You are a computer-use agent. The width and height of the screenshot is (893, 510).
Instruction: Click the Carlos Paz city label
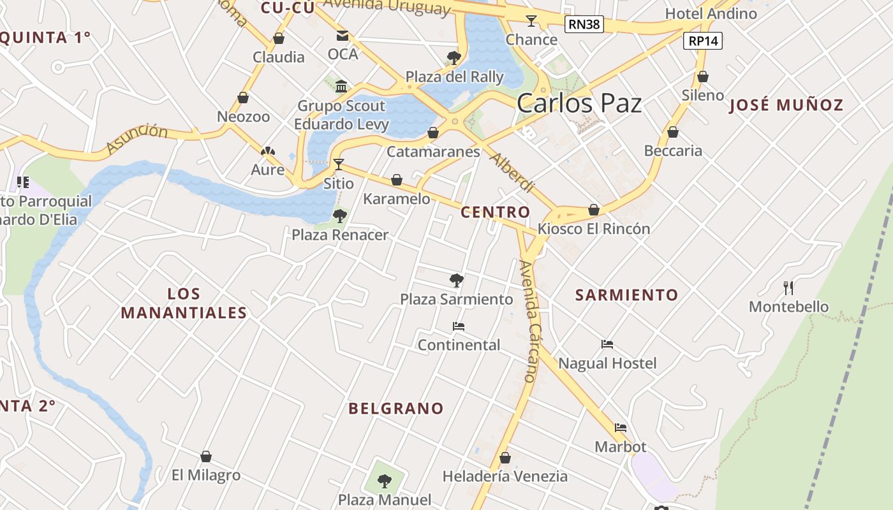(x=579, y=103)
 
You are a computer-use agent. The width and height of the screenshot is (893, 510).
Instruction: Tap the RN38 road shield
(x=584, y=25)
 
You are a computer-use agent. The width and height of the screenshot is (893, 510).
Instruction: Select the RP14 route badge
(x=703, y=41)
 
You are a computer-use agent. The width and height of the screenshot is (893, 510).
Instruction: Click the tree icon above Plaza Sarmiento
(x=456, y=280)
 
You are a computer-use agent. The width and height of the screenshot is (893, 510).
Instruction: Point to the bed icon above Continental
(x=458, y=326)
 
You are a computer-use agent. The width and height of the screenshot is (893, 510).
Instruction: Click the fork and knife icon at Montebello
(x=788, y=288)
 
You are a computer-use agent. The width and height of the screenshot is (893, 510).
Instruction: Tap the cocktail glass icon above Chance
(x=531, y=21)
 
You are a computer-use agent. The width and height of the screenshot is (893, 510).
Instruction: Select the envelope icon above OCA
(x=343, y=36)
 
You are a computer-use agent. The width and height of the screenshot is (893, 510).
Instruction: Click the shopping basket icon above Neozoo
(x=243, y=98)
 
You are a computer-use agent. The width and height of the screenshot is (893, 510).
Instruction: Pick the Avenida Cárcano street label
(x=531, y=321)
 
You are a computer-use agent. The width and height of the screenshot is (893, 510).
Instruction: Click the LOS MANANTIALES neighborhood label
(x=184, y=303)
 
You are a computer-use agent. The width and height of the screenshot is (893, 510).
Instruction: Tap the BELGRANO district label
(x=395, y=409)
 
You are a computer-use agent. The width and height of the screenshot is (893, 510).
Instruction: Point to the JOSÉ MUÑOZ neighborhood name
(x=786, y=105)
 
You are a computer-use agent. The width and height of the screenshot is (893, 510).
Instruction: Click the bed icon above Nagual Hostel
(x=607, y=345)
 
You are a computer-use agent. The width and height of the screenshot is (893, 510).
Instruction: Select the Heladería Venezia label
(x=505, y=476)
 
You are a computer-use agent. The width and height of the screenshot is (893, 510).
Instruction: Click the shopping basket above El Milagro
(x=206, y=456)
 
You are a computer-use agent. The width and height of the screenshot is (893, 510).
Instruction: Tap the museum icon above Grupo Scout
(x=341, y=87)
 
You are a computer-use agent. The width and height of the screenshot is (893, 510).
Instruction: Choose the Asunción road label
(x=137, y=139)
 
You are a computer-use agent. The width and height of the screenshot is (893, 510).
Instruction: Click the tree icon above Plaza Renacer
(x=340, y=216)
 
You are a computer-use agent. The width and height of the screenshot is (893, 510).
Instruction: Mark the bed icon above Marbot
(x=621, y=428)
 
